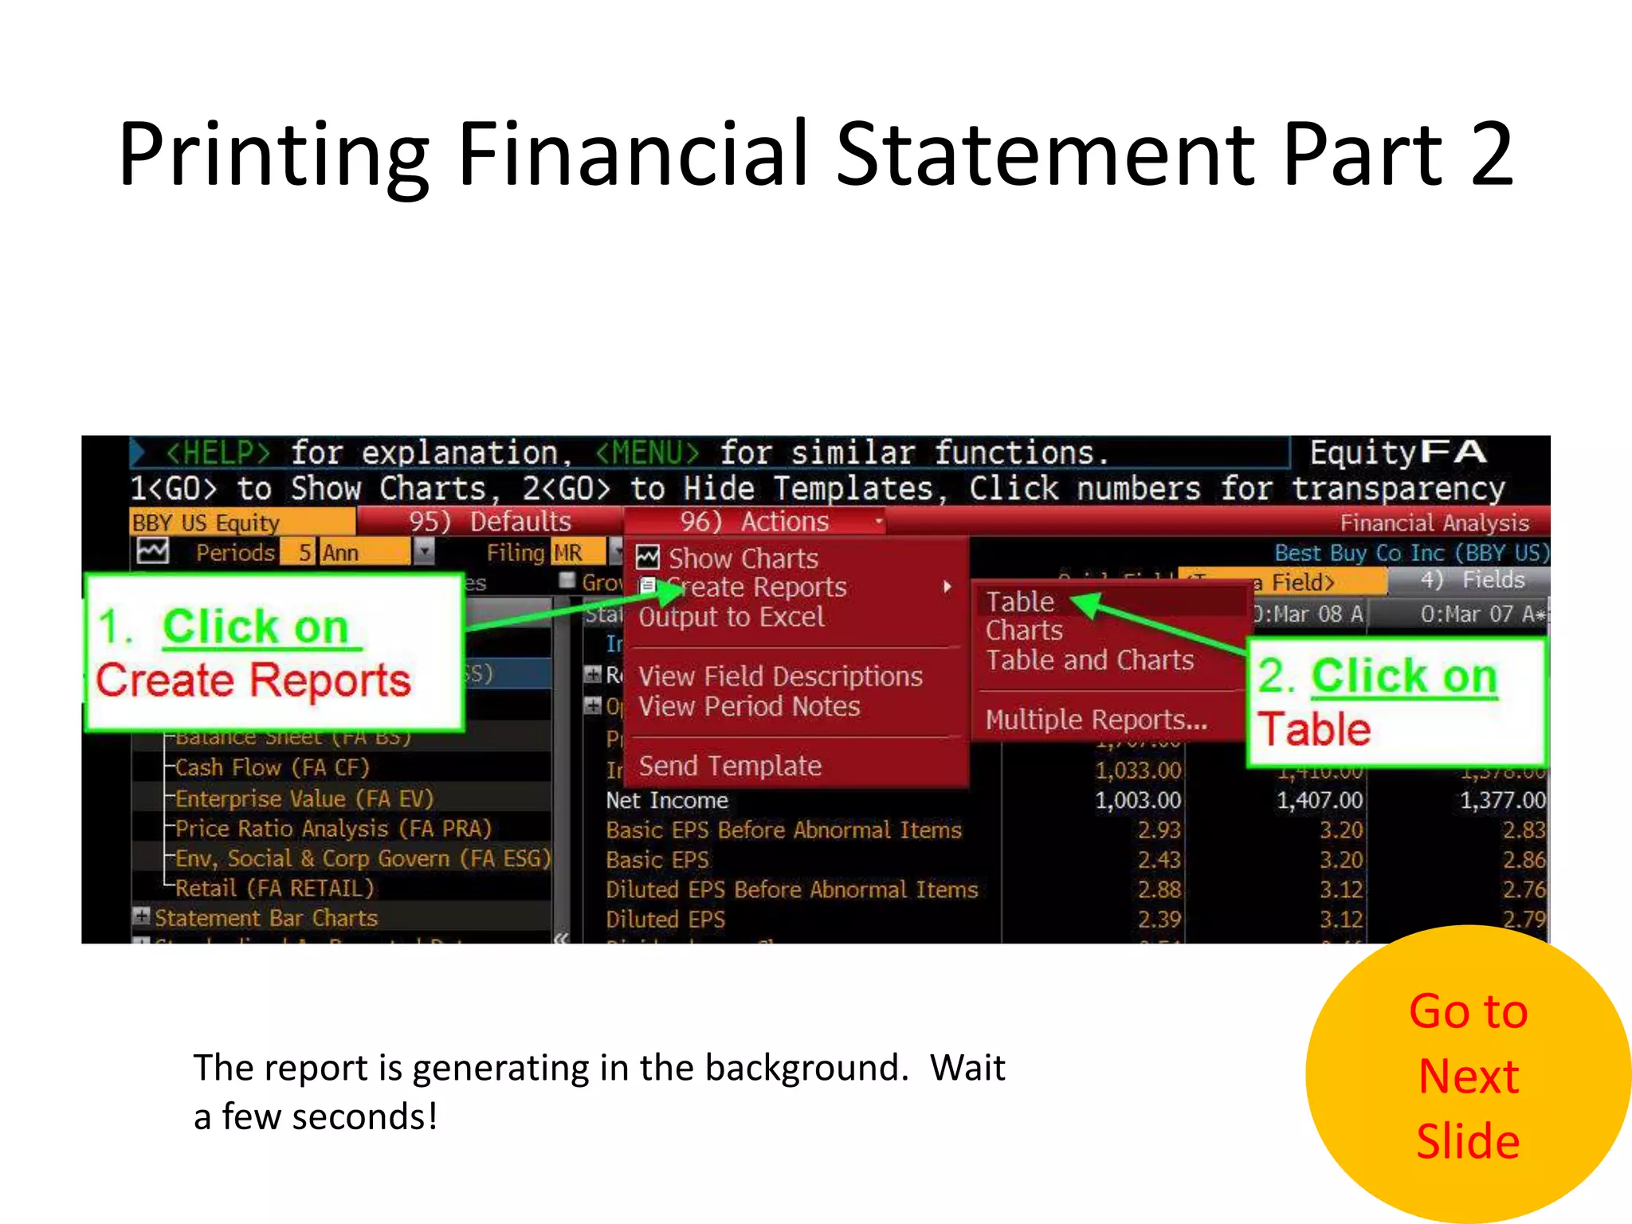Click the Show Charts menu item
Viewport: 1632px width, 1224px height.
point(742,559)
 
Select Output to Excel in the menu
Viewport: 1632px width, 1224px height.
point(731,618)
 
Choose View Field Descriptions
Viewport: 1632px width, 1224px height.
point(780,677)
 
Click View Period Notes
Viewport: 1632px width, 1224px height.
point(749,707)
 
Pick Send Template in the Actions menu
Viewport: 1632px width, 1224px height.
point(730,766)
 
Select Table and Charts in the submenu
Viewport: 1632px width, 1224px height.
point(1089,661)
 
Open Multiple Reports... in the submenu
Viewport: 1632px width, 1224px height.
point(1096,720)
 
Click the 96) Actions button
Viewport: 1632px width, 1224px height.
point(755,522)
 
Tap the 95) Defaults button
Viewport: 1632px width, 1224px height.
point(489,522)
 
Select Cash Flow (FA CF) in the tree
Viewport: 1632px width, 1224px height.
point(272,767)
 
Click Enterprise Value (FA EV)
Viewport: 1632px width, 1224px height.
point(304,798)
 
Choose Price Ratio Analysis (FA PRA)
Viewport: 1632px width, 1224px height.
point(333,829)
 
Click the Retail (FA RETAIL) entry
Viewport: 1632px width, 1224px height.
point(274,888)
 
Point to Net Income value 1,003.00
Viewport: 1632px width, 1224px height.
point(1137,800)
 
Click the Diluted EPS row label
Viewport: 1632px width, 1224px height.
point(665,920)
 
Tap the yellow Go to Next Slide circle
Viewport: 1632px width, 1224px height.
point(1468,1075)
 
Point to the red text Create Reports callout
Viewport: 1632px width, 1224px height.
point(253,681)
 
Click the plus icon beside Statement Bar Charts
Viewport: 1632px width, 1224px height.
point(142,916)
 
